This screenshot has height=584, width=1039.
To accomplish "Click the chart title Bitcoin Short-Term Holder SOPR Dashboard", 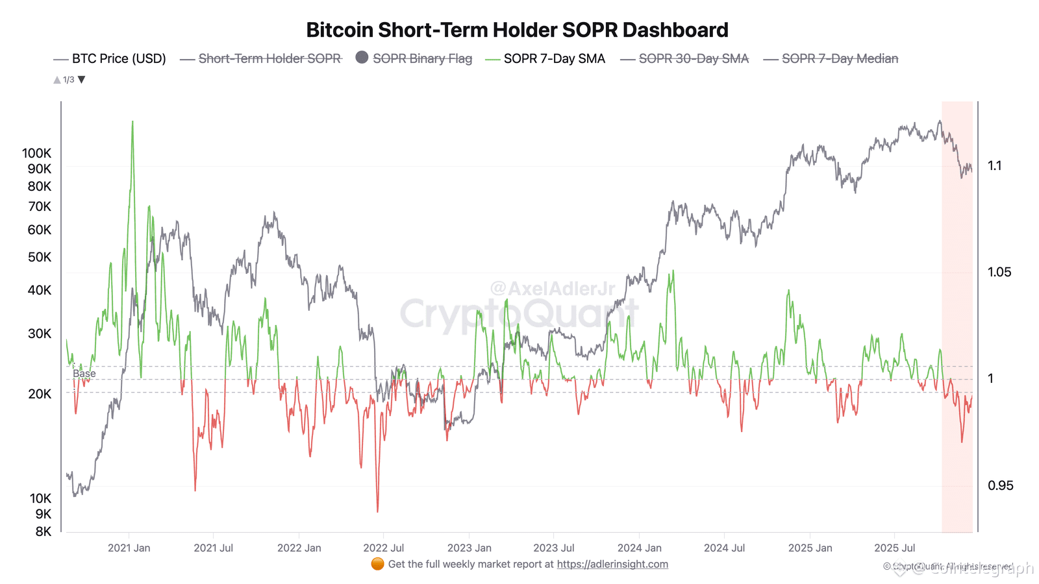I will coord(517,30).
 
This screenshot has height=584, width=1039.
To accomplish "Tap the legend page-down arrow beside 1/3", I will coord(82,80).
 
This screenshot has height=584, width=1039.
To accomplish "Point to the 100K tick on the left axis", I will coord(36,153).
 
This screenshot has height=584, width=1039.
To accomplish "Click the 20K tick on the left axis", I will coord(39,394).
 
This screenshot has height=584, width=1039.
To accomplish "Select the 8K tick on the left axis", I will coord(43,531).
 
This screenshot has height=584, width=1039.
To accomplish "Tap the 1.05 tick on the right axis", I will coord(999,272).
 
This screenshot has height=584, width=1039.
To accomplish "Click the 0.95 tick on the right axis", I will coord(1000,485).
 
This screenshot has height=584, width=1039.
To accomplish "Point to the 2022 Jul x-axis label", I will coord(383,548).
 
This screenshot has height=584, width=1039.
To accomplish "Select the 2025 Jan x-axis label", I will coord(810,548).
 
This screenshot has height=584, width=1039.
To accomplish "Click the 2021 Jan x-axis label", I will coord(129,548).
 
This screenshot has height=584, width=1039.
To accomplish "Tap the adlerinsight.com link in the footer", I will coord(612,564).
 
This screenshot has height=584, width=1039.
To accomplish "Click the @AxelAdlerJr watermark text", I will coord(552,288).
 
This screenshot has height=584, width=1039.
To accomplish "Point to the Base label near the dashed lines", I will coord(84,374).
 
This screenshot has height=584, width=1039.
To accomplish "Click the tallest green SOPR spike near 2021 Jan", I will coord(132,123).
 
